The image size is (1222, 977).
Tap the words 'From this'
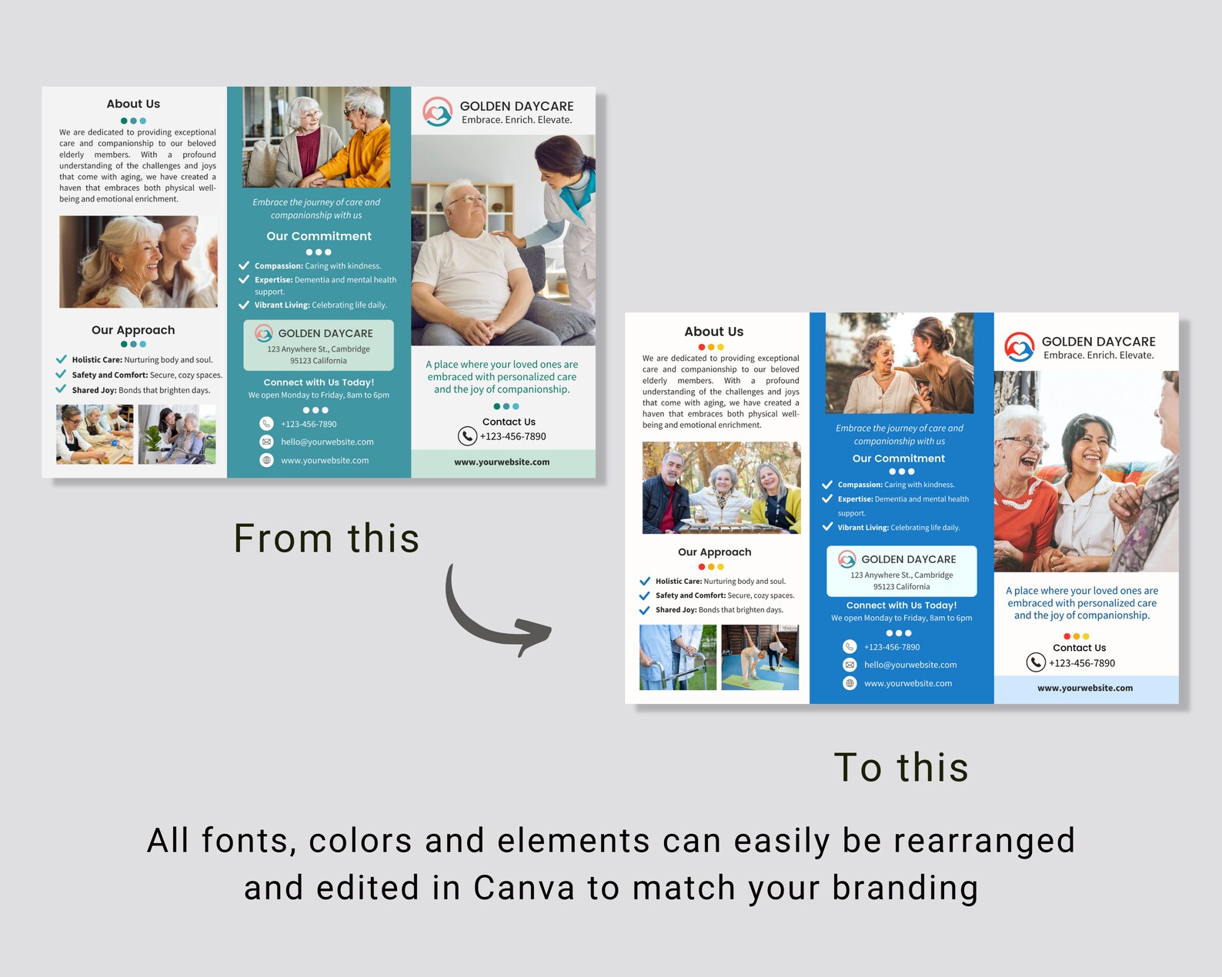pos(326,538)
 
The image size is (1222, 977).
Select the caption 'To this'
pos(901,767)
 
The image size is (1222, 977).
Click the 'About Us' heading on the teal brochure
pos(133,104)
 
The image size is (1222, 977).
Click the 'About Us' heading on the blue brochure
pos(713,332)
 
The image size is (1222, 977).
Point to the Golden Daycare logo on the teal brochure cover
pos(437,112)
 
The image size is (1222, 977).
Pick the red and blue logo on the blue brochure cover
pos(1019,347)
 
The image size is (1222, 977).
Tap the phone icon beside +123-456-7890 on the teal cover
pos(467,436)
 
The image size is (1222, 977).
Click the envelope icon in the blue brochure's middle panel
pos(850,665)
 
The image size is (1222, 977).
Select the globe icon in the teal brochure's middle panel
pos(266,460)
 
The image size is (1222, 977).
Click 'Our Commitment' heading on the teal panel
pos(319,236)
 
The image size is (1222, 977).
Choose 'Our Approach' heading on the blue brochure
pos(714,552)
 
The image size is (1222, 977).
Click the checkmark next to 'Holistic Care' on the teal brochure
pos(61,359)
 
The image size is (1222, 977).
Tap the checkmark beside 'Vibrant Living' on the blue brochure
pos(827,527)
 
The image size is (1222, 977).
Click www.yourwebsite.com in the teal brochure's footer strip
pos(502,462)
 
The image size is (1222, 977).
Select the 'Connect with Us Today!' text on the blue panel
pos(901,605)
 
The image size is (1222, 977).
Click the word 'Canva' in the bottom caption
pos(524,888)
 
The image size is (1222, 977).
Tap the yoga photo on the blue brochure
pos(760,657)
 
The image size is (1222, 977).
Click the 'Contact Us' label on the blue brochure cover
pos(1079,648)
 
